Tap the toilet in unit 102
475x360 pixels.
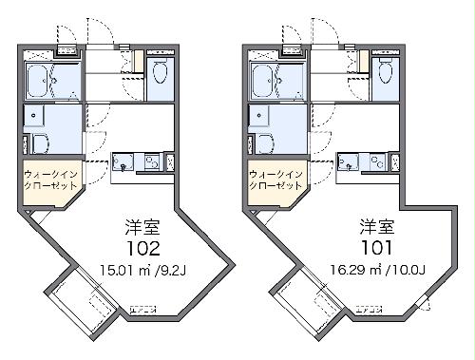(160, 71)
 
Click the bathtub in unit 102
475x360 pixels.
(43, 80)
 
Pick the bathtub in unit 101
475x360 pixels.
(267, 80)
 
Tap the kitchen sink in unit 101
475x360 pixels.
(348, 162)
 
